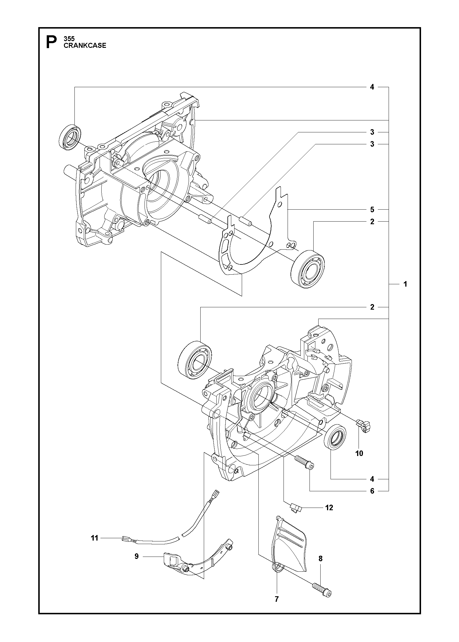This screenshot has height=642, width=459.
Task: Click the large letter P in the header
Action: pyautogui.click(x=51, y=42)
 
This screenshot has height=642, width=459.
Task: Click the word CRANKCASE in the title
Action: pyautogui.click(x=85, y=45)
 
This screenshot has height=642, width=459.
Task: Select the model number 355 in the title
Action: pyautogui.click(x=69, y=38)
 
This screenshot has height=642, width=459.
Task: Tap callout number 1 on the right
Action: pyautogui.click(x=405, y=284)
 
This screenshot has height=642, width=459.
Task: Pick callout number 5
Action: pyautogui.click(x=372, y=209)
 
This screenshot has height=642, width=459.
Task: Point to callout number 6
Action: pyautogui.click(x=372, y=491)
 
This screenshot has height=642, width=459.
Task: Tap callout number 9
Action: pyautogui.click(x=136, y=557)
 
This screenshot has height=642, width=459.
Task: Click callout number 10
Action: pyautogui.click(x=359, y=453)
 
